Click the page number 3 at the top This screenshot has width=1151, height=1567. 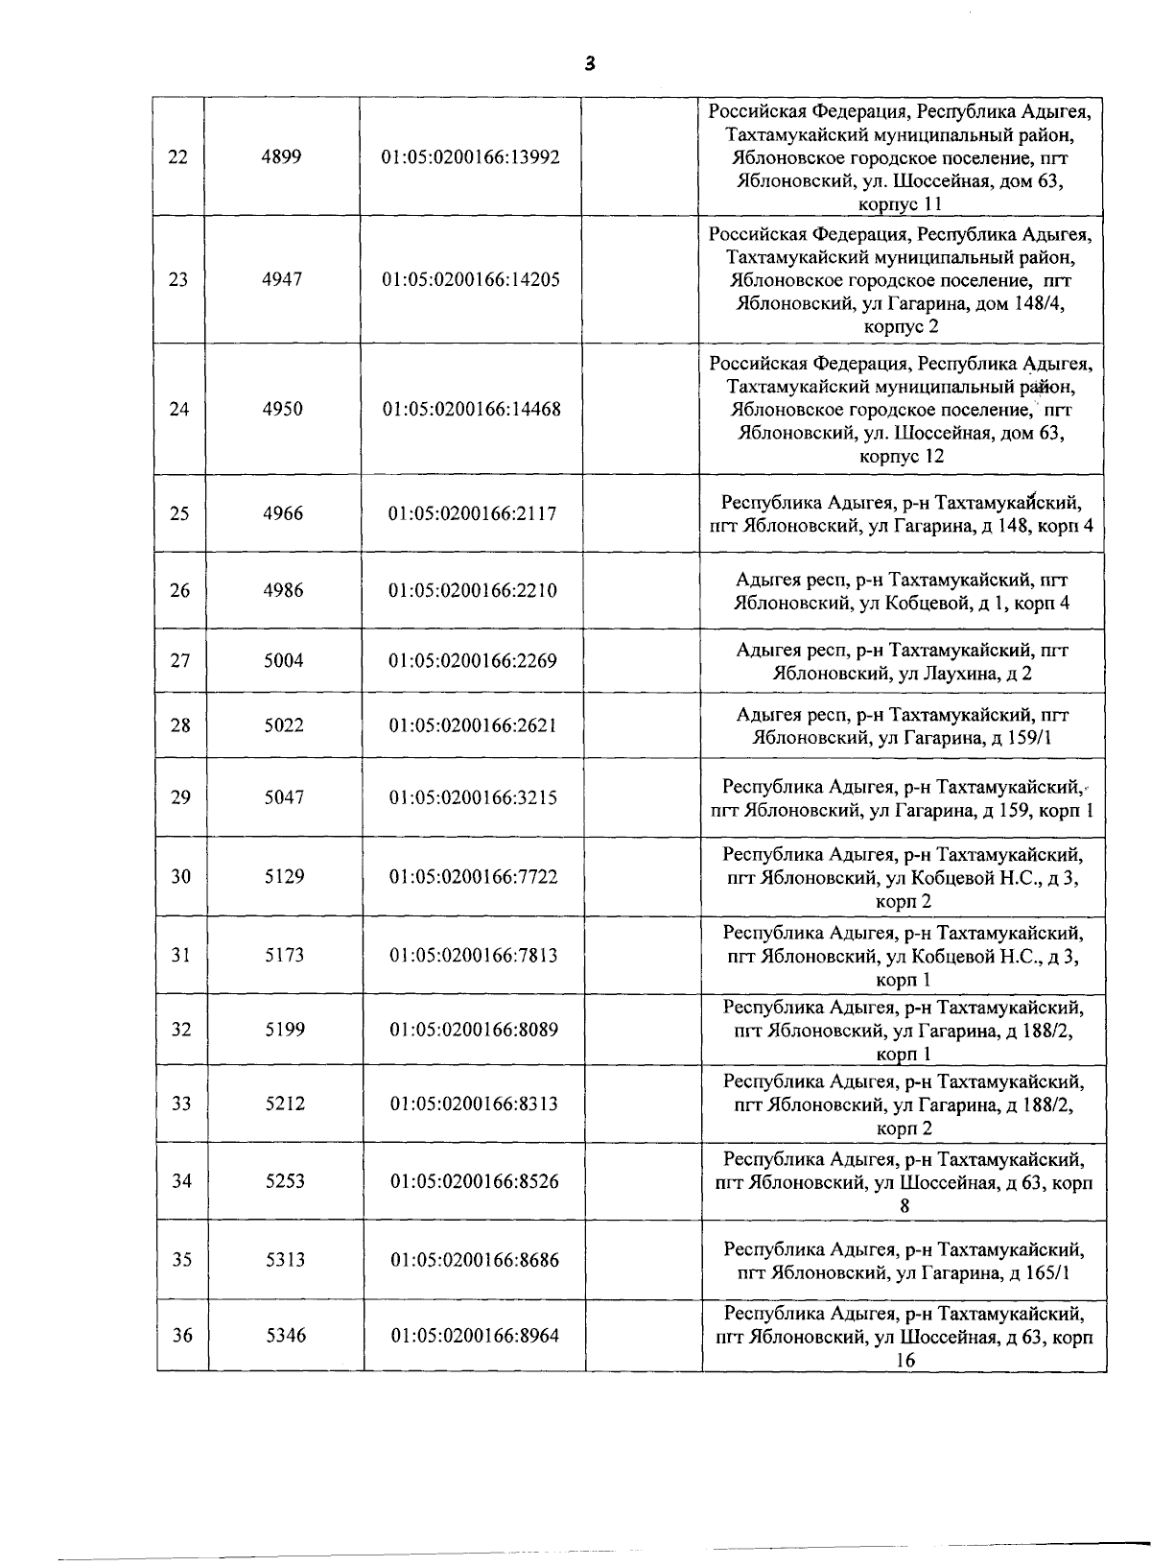coord(589,64)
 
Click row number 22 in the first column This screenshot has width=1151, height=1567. coord(177,156)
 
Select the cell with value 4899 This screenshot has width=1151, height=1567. coord(281,156)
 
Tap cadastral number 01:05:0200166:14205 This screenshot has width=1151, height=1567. coord(471,280)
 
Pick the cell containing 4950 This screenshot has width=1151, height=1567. coord(282,409)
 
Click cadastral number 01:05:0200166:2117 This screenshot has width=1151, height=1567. coord(472,513)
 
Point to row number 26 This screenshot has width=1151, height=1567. coord(179,590)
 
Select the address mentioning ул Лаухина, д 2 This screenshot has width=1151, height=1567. coord(902,661)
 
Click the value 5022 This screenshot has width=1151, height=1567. coord(284,725)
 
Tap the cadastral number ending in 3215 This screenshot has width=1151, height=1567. coord(473,797)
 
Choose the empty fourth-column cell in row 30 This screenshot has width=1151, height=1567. coord(642,876)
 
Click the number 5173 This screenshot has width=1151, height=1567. coord(284,955)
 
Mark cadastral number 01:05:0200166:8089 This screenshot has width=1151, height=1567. coord(474,1030)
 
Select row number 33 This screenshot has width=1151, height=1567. coord(181,1104)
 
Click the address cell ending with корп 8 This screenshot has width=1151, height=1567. coord(904,1182)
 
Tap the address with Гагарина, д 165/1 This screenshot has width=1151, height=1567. coord(904,1261)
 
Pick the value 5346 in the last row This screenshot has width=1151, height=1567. coord(286,1335)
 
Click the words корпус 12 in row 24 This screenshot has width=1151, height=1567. coord(902,456)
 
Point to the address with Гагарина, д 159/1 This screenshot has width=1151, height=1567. coord(902,726)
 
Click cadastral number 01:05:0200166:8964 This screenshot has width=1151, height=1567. coord(475,1335)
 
